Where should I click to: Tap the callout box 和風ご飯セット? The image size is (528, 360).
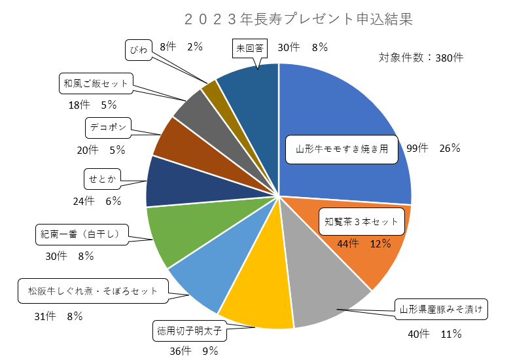pos(96,83)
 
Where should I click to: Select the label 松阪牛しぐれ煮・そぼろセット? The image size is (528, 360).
pos(93,291)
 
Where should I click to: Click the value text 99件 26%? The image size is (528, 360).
pos(433,149)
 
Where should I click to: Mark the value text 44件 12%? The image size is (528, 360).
pos(364,244)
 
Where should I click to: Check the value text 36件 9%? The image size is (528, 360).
pos(194,350)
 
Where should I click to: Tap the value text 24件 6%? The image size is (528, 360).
pos(97,201)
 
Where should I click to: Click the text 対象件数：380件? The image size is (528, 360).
pos(421,57)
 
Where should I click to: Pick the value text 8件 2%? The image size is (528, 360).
pos(181,46)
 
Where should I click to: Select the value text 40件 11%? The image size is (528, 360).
pos(434,334)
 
